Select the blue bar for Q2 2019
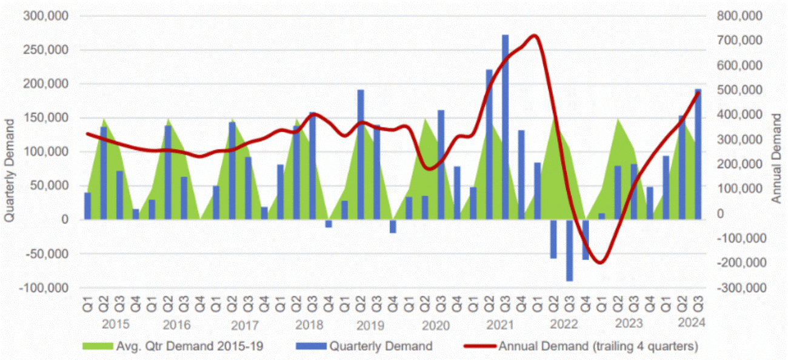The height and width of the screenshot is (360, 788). pyautogui.click(x=361, y=155)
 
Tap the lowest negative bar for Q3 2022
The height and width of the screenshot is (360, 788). pyautogui.click(x=570, y=250)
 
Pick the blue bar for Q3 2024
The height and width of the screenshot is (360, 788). pyautogui.click(x=698, y=155)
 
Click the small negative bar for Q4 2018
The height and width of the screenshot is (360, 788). pyautogui.click(x=329, y=224)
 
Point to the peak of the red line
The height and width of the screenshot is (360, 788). pyautogui.click(x=533, y=35)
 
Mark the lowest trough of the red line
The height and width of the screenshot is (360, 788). pyautogui.click(x=600, y=262)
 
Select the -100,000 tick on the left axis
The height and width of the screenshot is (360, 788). pyautogui.click(x=46, y=288)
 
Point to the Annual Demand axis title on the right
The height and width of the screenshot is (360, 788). pyautogui.click(x=777, y=158)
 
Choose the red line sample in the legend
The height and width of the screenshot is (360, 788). pyautogui.click(x=479, y=347)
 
